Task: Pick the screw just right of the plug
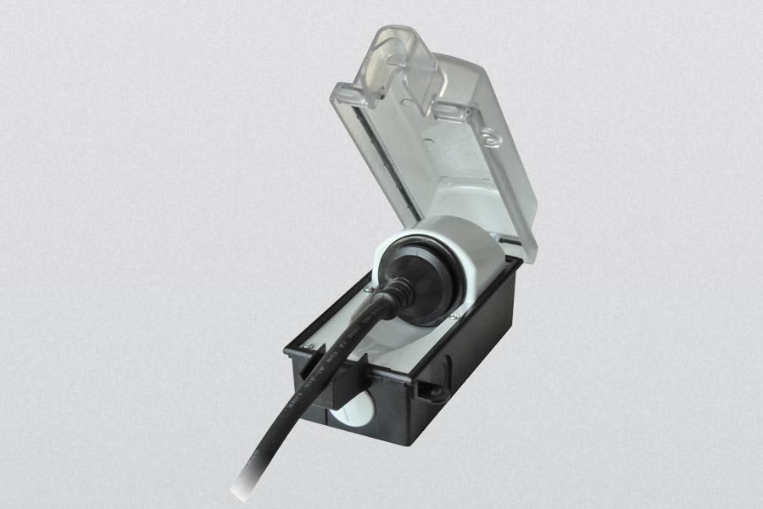(x=459, y=318)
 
